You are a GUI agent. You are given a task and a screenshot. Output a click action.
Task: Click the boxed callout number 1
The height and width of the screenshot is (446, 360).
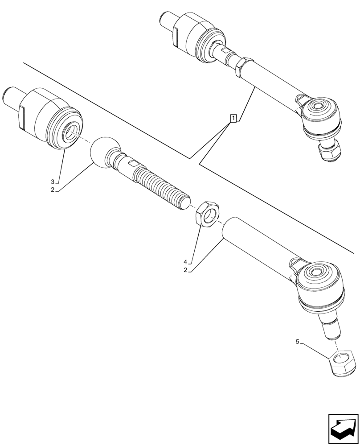pyautogui.click(x=233, y=118)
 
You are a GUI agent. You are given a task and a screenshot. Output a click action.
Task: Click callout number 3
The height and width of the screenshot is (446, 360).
pyautogui.click(x=53, y=182)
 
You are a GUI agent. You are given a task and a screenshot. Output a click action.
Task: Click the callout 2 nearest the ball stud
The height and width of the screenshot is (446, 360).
pyautogui.click(x=53, y=190)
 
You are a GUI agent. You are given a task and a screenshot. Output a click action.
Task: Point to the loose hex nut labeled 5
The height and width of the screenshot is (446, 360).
pyautogui.click(x=344, y=362)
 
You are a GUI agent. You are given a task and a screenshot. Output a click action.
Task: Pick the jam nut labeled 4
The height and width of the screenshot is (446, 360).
pyautogui.click(x=208, y=214)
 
